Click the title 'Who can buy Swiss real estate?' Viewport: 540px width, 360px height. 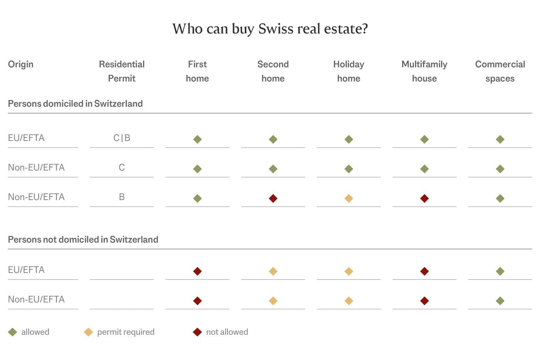270,29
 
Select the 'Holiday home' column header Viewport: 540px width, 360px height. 348,71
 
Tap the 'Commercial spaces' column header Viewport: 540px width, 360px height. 500,71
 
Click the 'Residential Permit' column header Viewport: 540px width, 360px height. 121,71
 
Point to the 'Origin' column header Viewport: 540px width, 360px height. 20,64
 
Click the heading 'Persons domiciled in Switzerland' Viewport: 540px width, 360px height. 75,104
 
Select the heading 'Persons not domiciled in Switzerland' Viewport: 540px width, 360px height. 83,239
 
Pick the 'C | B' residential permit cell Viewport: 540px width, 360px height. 121,138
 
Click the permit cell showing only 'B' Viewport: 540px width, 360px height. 121,197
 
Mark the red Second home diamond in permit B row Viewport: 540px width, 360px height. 273,199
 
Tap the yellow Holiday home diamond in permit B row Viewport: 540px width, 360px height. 348,199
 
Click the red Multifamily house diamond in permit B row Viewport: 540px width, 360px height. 424,199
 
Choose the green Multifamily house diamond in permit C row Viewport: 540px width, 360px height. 424,169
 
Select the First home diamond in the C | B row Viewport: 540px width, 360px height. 197,139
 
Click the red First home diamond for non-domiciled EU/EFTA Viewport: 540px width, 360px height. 197,271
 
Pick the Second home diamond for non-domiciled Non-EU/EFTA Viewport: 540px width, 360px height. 273,301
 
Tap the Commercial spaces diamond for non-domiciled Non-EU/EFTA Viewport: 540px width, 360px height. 500,301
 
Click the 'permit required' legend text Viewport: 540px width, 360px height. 126,332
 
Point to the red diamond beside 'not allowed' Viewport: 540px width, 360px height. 197,332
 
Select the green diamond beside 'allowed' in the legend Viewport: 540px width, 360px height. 13,332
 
